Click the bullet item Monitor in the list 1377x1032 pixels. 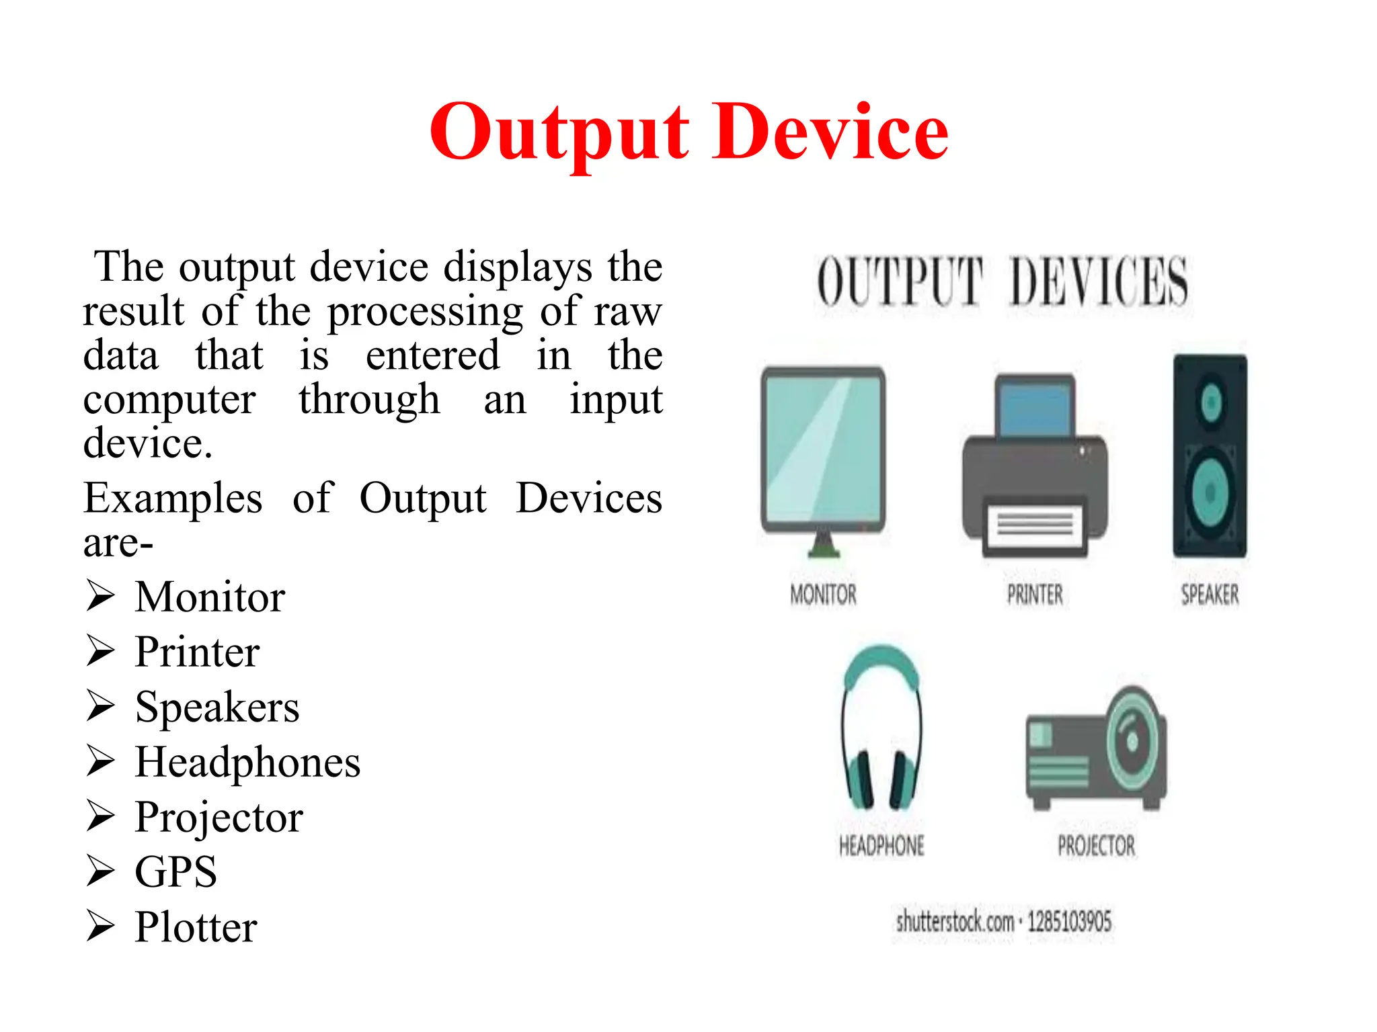pos(210,597)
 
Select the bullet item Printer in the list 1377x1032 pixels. pos(197,652)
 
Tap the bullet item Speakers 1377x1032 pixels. pos(217,707)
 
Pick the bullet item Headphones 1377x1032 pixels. pos(247,762)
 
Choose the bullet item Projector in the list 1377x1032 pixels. pos(219,817)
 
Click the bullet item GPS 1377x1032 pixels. pos(175,872)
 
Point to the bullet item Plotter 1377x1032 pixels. pos(196,927)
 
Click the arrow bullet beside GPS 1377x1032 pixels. pos(100,871)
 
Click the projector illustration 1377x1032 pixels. pos(1096,749)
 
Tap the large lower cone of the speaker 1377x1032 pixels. pos(1210,492)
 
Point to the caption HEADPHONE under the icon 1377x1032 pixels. pos(881,846)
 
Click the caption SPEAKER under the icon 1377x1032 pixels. pos(1210,595)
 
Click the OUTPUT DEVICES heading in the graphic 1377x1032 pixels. pos(1002,282)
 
